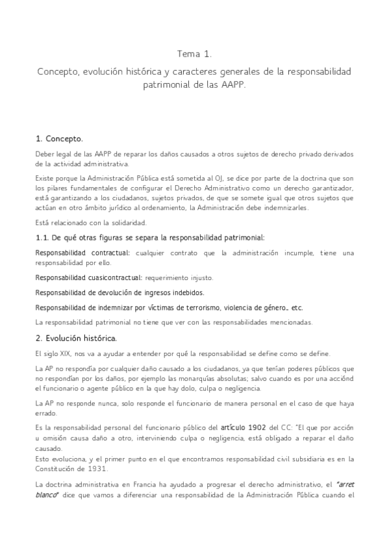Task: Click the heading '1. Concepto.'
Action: click(60, 138)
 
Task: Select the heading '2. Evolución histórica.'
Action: click(76, 338)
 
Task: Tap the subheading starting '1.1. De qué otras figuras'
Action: click(149, 238)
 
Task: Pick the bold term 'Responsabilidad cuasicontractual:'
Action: click(88, 277)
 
